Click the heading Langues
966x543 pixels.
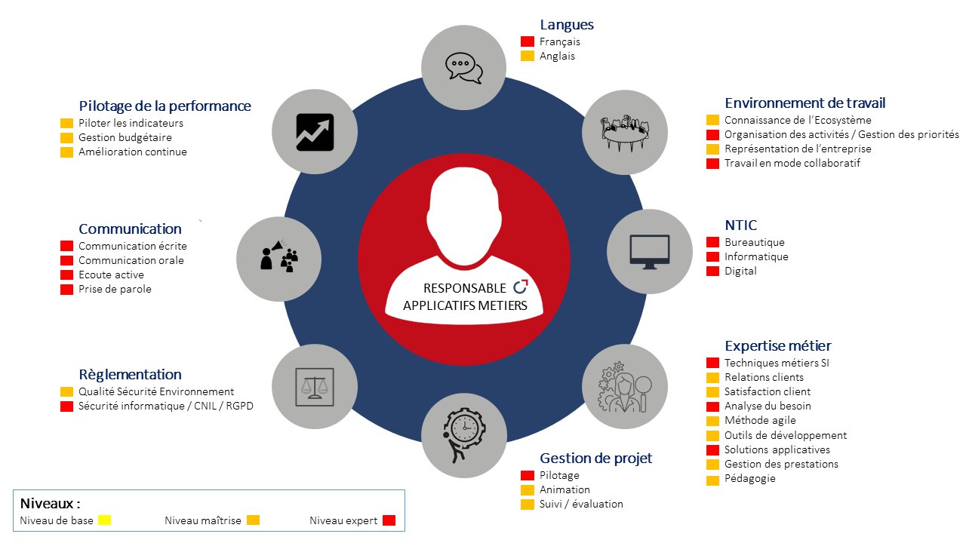pos(567,25)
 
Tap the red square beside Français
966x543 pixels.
pos(528,41)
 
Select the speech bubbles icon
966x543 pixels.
pos(463,68)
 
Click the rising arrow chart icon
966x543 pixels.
pos(315,132)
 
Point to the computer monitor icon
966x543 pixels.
pos(650,252)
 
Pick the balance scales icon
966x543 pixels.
pos(315,387)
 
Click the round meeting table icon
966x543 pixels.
pos(625,133)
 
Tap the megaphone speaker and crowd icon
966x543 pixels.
pos(279,256)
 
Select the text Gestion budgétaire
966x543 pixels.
pos(125,137)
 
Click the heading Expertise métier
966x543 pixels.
pos(778,345)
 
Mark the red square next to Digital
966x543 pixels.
pos(712,271)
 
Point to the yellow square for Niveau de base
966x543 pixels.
pos(104,520)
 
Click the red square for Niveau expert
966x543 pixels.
pos(389,520)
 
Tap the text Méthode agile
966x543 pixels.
pos(760,420)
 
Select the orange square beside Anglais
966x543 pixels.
pos(528,56)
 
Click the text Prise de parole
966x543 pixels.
pos(115,289)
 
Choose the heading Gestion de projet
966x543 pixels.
pos(596,458)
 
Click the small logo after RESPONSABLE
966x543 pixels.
pos(521,287)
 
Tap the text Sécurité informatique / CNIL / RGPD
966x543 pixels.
pos(166,406)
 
